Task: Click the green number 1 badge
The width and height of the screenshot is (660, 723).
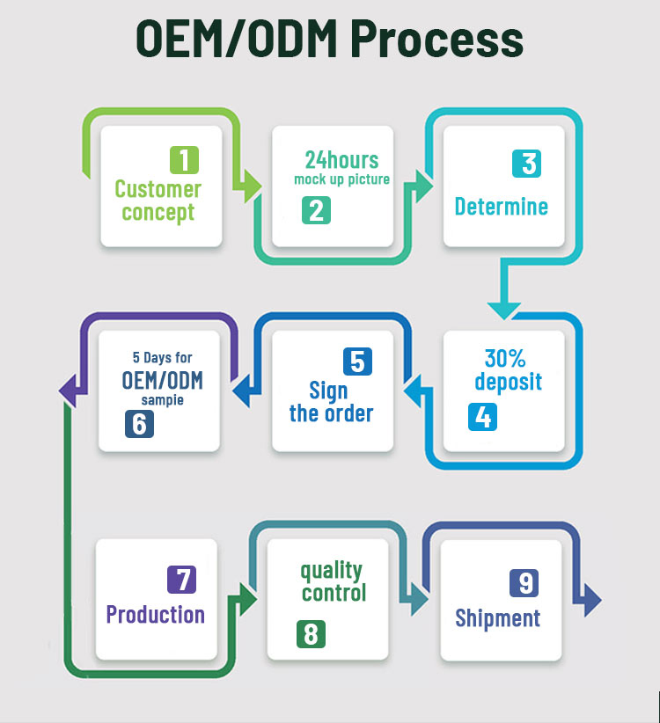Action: pyautogui.click(x=184, y=160)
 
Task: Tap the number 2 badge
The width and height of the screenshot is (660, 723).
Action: pyautogui.click(x=316, y=210)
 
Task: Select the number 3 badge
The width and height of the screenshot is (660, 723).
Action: pyautogui.click(x=526, y=164)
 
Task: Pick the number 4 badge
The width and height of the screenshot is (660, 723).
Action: pyautogui.click(x=482, y=416)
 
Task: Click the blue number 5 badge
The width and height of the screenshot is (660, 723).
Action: pyautogui.click(x=356, y=362)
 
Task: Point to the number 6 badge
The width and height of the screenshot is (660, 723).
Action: pyautogui.click(x=140, y=424)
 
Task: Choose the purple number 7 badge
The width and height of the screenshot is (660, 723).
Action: pyautogui.click(x=181, y=580)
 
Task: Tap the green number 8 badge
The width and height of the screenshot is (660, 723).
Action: pyautogui.click(x=311, y=634)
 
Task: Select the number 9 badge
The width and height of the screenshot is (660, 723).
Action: pyautogui.click(x=524, y=583)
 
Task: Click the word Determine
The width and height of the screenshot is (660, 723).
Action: pyautogui.click(x=501, y=207)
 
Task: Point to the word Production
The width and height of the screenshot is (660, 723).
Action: pyautogui.click(x=156, y=614)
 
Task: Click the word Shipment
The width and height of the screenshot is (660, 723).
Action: pyautogui.click(x=497, y=618)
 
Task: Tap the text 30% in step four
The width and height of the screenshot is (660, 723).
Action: pyautogui.click(x=505, y=358)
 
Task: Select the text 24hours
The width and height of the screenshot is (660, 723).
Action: pyautogui.click(x=341, y=159)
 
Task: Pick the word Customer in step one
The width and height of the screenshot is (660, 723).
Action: pyautogui.click(x=158, y=188)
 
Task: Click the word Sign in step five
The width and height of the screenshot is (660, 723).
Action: pyautogui.click(x=328, y=391)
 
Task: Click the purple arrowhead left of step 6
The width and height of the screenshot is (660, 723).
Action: pyautogui.click(x=68, y=386)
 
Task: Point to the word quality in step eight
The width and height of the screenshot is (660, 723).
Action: pyautogui.click(x=331, y=570)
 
